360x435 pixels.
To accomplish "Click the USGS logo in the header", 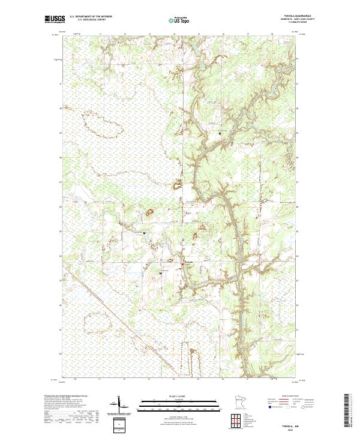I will [55, 19].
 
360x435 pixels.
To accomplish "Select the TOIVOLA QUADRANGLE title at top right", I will [289, 16].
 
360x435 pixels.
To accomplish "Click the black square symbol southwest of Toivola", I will [160, 273].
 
